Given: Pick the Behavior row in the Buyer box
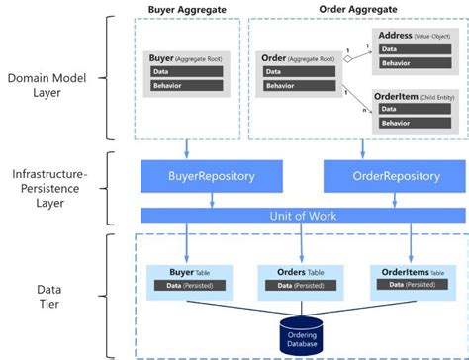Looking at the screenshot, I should [189, 86].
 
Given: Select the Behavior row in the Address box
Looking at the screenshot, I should [407, 62].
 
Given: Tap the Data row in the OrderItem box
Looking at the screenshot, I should [407, 109].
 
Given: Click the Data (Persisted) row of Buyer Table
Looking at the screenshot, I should [191, 286].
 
